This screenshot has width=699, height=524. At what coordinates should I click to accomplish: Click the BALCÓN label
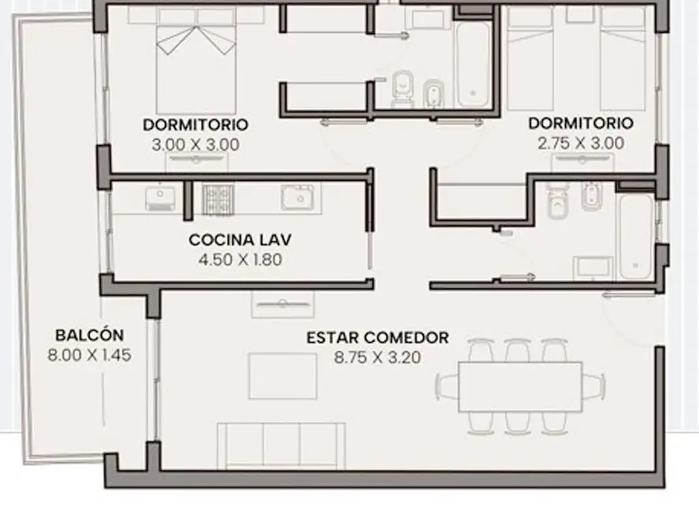click(89, 335)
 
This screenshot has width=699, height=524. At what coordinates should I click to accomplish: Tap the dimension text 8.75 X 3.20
click(377, 358)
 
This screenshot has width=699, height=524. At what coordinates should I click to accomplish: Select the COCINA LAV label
click(240, 239)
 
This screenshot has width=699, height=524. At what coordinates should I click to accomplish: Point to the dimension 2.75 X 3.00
click(581, 143)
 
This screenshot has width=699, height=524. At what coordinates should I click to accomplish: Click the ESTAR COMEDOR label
click(377, 338)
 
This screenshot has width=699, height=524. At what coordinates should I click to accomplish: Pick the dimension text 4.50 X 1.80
click(240, 259)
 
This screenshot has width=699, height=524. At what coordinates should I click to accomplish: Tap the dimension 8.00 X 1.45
click(89, 355)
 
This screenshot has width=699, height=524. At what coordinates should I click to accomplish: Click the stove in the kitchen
click(218, 199)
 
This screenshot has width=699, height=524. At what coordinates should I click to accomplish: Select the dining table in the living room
click(520, 387)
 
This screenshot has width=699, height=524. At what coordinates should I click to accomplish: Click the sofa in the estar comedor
click(281, 446)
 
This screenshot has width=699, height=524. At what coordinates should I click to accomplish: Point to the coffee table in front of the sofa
click(283, 376)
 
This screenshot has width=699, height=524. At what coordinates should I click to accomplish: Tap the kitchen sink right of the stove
click(300, 197)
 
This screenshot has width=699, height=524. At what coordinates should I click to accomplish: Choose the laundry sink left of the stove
click(160, 198)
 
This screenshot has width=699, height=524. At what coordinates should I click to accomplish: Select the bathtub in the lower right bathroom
click(636, 235)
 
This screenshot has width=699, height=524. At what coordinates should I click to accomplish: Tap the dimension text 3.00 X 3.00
click(196, 145)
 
